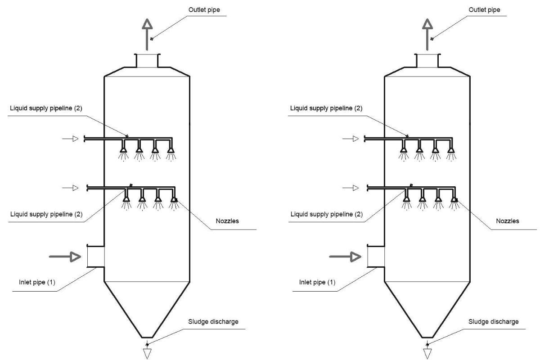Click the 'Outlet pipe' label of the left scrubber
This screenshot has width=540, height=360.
[x=204, y=10]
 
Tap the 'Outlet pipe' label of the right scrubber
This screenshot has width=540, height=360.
[x=484, y=10]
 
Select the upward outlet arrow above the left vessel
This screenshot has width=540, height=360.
[x=147, y=35]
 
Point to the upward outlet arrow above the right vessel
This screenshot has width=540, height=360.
[x=427, y=35]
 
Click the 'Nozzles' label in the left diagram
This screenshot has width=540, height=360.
[x=227, y=221]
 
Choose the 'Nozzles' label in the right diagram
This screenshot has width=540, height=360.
[x=507, y=221]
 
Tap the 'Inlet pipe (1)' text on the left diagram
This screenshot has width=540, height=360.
[x=37, y=282]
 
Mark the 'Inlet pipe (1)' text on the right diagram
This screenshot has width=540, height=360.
[x=317, y=282]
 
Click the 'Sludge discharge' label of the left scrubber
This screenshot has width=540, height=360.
[x=213, y=322]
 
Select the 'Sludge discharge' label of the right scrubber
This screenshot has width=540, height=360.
[x=493, y=322]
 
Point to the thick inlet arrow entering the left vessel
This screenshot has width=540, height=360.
[x=65, y=256]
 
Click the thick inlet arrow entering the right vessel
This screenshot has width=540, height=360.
[x=345, y=256]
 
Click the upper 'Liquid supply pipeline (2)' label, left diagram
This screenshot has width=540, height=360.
[x=46, y=108]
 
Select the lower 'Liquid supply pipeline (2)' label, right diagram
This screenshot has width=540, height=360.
[x=327, y=214]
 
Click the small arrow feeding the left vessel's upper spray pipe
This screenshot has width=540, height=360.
[x=70, y=139]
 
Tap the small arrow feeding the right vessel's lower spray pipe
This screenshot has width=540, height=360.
[x=351, y=188]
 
